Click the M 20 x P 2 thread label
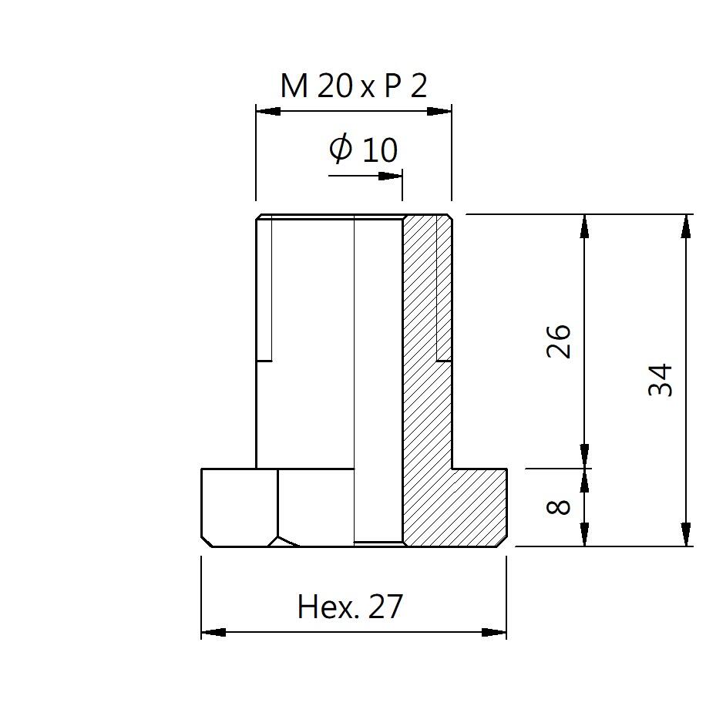(354, 86)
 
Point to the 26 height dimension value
(558, 341)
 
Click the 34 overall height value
(660, 379)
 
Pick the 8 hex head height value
(558, 507)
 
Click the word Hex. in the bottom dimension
(328, 607)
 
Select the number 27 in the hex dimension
(385, 606)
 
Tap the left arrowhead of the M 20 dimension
(268, 111)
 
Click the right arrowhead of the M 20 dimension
(439, 111)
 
